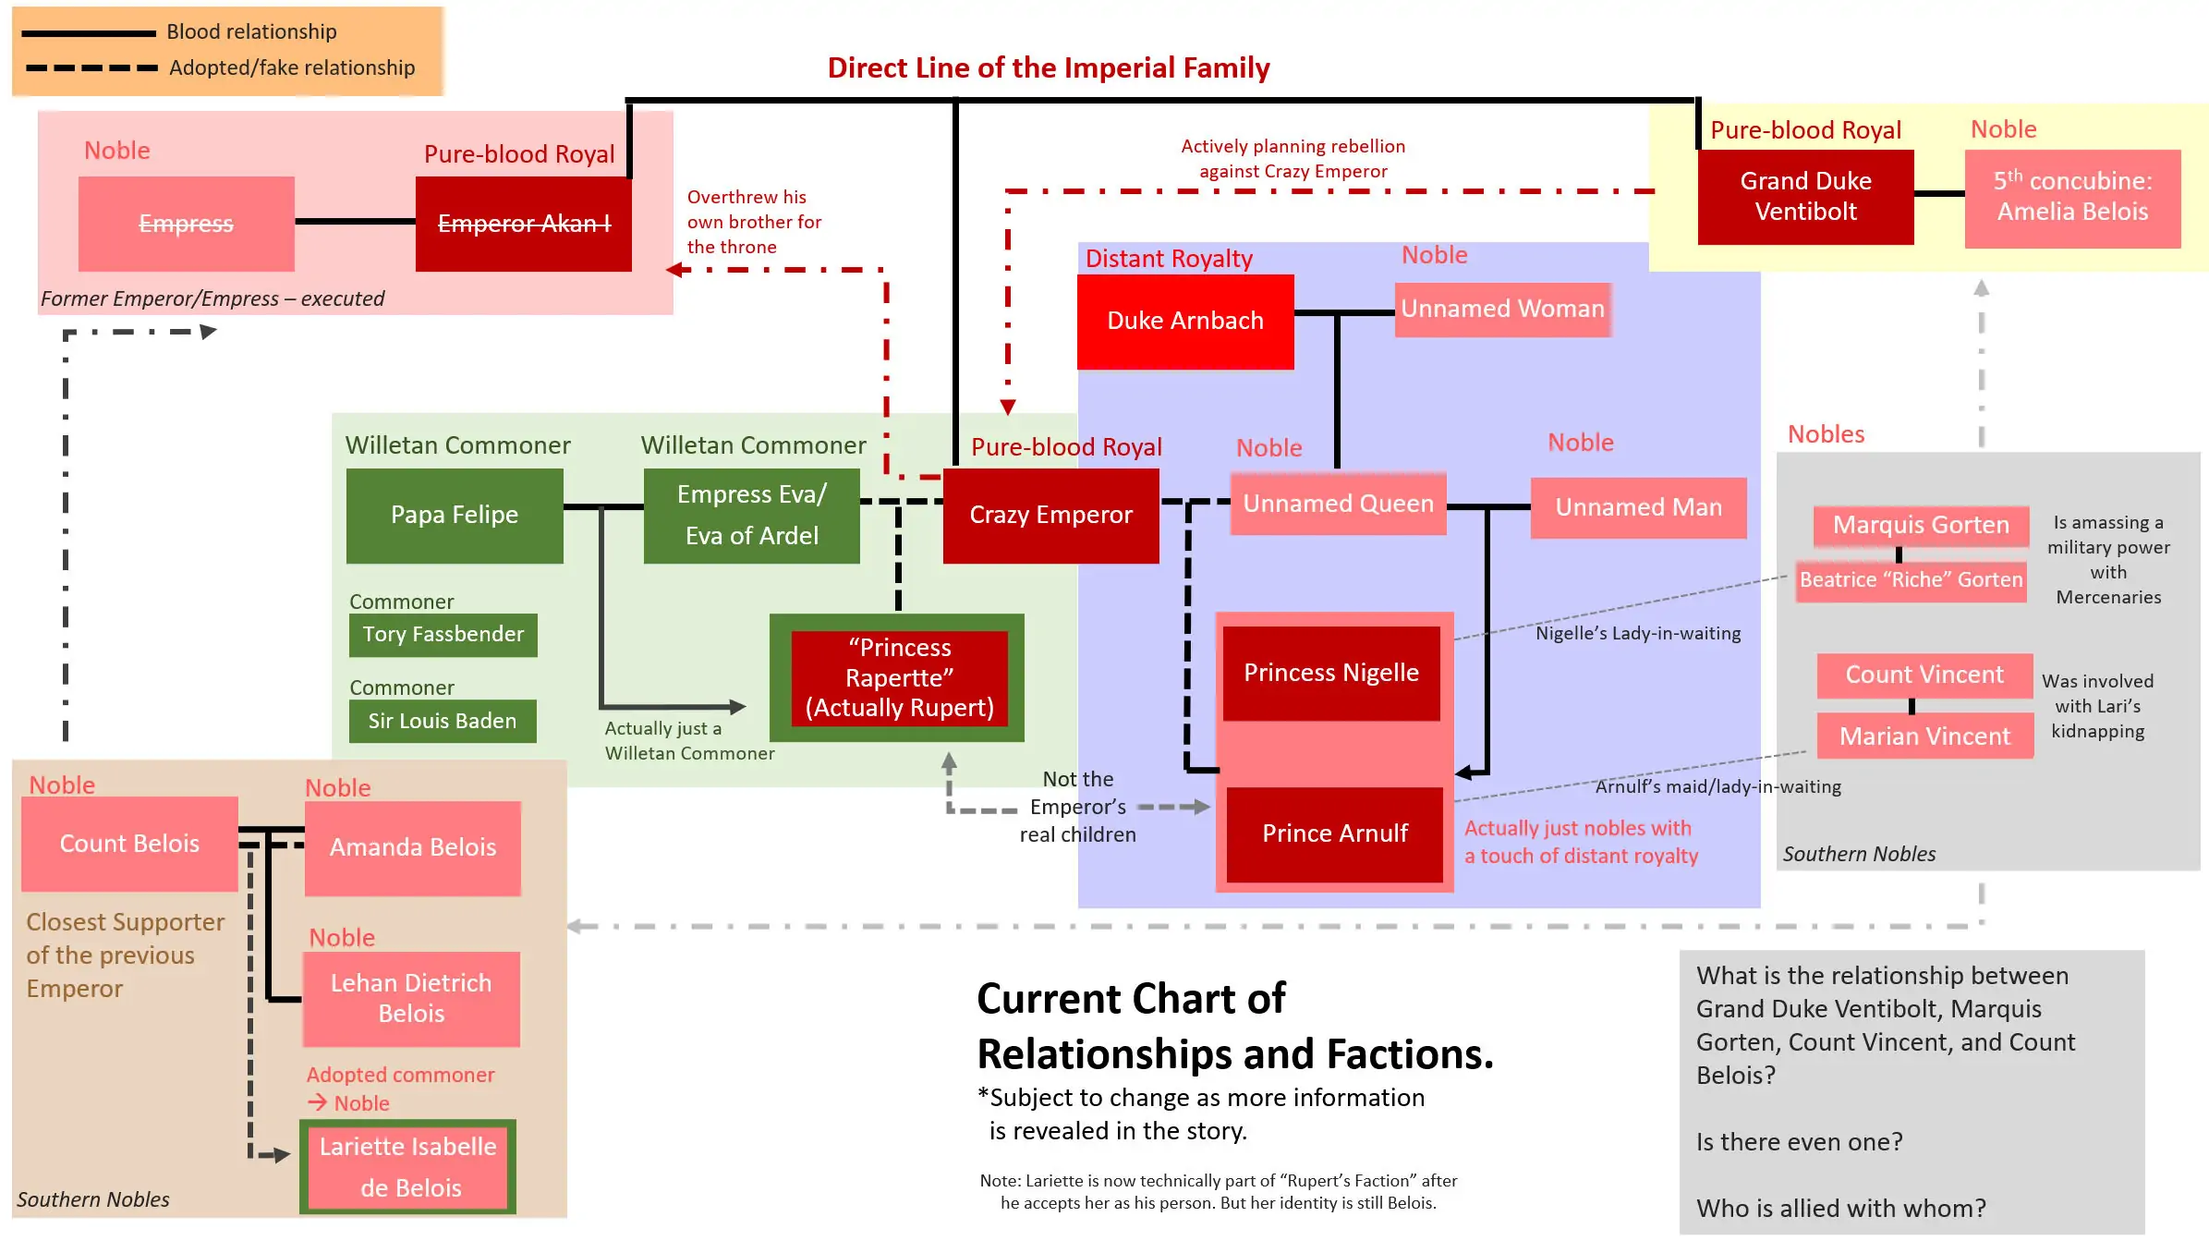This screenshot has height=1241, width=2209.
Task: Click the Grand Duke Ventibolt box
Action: pos(1804,196)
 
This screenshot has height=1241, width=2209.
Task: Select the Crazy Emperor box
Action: pos(1050,515)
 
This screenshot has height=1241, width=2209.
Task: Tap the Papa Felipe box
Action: pos(454,515)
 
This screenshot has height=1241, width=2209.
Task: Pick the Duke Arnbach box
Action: pos(1184,321)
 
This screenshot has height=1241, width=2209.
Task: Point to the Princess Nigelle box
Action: pos(1330,673)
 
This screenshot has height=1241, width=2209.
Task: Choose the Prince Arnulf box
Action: pos(1334,833)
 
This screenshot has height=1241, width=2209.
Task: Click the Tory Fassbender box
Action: pos(443,635)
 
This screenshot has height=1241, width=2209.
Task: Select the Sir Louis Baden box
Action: pos(442,721)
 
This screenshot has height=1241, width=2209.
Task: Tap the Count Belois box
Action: pos(129,844)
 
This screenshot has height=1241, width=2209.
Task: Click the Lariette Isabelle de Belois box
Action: pos(407,1166)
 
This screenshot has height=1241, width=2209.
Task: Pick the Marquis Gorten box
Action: pos(1920,525)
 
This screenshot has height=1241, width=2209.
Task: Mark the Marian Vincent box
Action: pos(1924,736)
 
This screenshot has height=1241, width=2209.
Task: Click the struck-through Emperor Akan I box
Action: pos(523,224)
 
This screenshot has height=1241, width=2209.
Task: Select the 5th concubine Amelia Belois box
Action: pos(2071,197)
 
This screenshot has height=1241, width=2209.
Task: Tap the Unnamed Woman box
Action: pos(1501,309)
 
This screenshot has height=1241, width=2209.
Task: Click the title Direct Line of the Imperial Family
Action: pos(1048,67)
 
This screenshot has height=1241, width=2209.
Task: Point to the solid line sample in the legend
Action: pos(88,33)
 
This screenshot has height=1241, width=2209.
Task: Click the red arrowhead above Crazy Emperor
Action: pos(1008,407)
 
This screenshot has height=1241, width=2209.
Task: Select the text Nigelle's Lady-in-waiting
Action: pos(1637,633)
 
